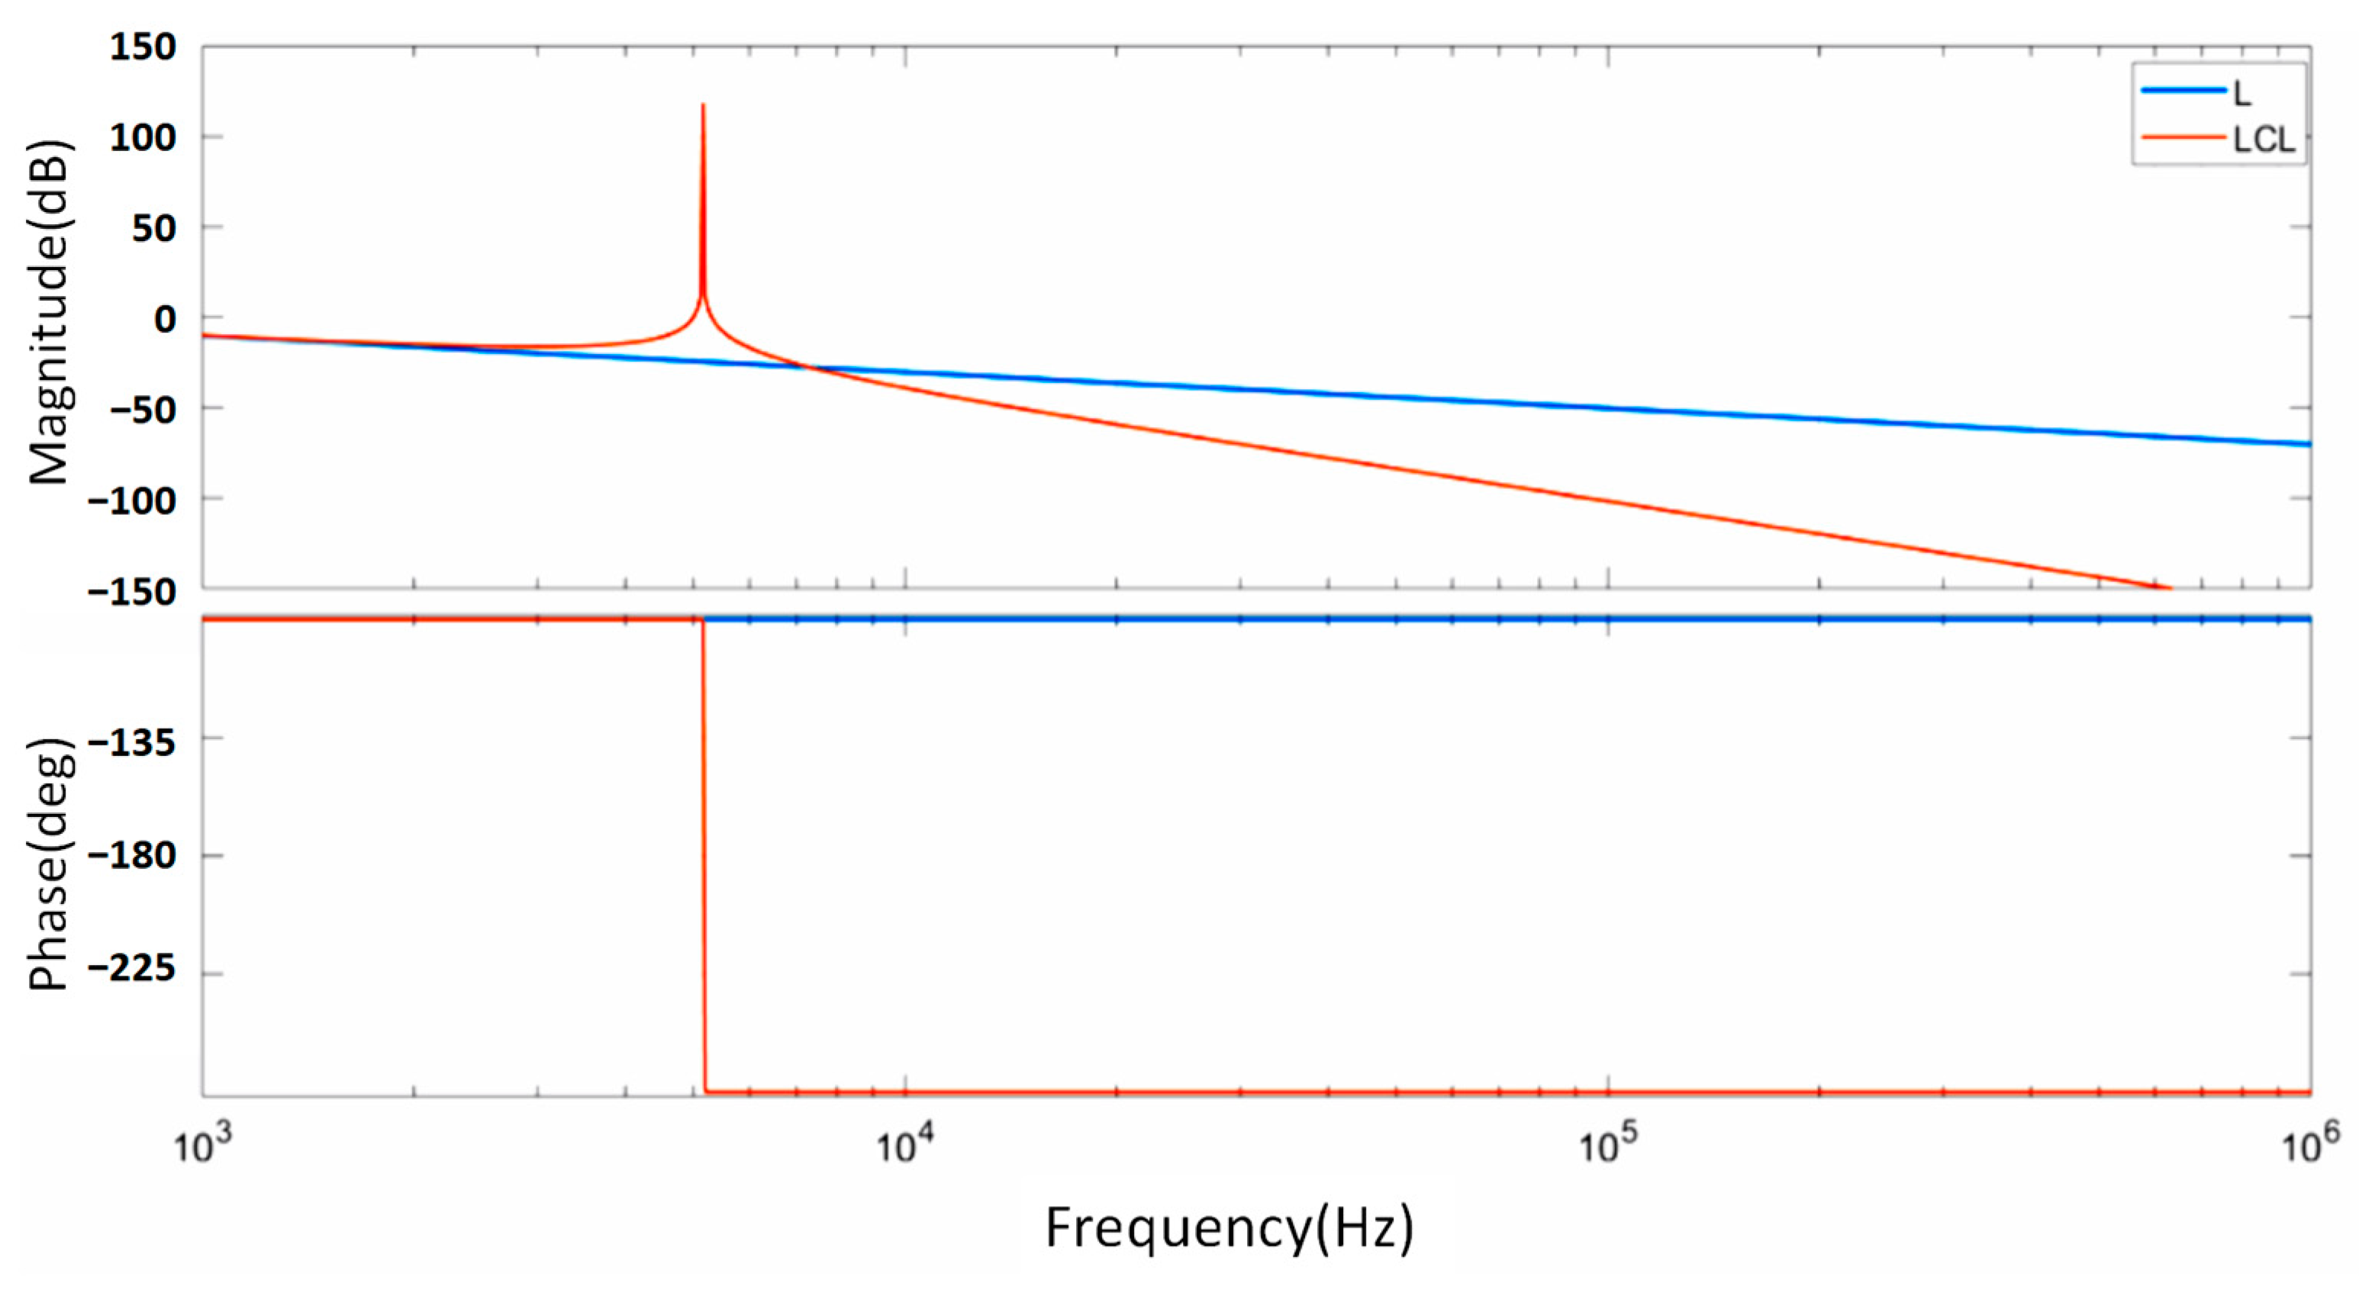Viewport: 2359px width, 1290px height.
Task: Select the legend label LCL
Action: pyautogui.click(x=2263, y=140)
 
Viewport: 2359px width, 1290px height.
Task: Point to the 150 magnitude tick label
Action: pyautogui.click(x=143, y=47)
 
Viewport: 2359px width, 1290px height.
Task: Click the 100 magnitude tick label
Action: pyautogui.click(x=143, y=137)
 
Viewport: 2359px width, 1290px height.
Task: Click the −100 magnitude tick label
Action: pyautogui.click(x=132, y=499)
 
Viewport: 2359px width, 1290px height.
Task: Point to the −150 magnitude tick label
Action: pyautogui.click(x=132, y=590)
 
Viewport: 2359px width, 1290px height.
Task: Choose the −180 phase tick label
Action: pyautogui.click(x=132, y=855)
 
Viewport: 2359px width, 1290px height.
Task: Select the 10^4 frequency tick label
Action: pyautogui.click(x=907, y=1144)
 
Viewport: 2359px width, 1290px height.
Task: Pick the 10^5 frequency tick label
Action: pyautogui.click(x=1609, y=1144)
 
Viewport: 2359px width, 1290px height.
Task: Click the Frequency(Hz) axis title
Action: pyautogui.click(x=1229, y=1229)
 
